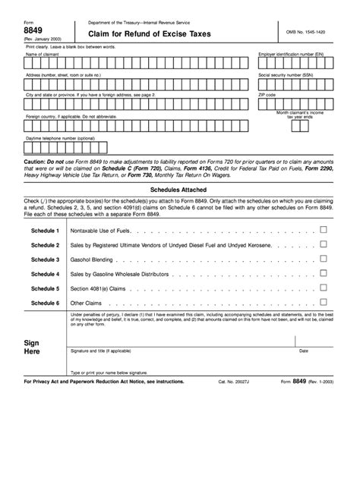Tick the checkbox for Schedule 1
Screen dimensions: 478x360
coord(324,229)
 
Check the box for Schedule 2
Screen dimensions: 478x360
coord(324,244)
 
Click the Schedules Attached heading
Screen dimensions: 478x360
coord(179,193)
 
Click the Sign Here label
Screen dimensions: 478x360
coord(33,347)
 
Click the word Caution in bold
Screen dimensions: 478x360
coord(35,162)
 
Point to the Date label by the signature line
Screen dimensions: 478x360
coord(304,351)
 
